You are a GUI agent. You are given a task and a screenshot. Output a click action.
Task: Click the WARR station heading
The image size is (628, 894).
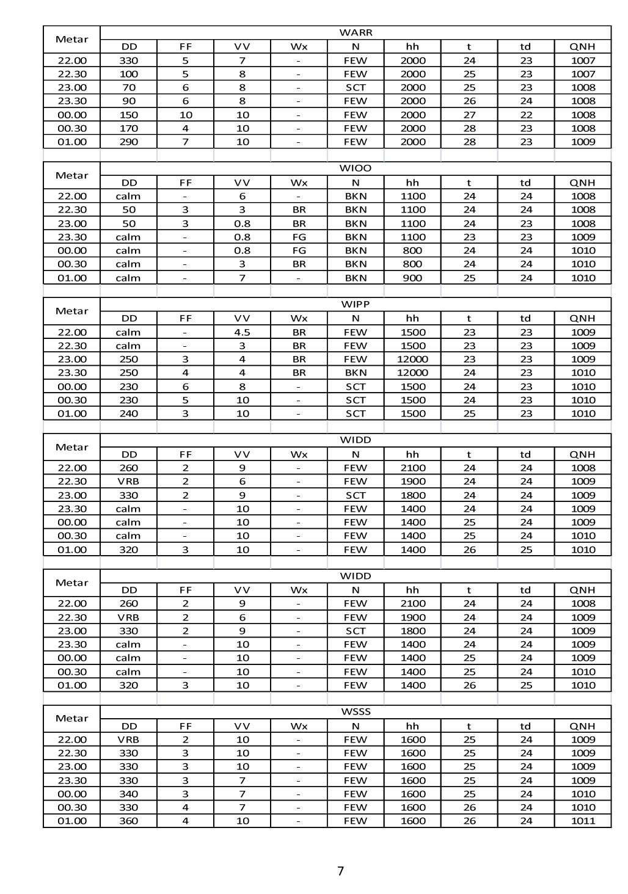355,32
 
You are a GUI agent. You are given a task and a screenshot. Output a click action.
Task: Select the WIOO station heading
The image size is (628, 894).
355,168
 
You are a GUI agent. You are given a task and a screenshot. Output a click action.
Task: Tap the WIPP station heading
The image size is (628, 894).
355,304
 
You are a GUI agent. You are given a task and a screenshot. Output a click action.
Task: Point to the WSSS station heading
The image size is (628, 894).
355,711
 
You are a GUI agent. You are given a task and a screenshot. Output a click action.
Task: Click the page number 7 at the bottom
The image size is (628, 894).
340,871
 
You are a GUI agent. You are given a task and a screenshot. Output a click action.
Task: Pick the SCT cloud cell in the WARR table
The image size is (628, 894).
355,87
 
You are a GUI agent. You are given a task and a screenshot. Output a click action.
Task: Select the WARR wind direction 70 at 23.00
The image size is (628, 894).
129,87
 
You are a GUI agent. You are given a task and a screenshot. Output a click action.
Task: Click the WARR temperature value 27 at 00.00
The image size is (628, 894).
469,115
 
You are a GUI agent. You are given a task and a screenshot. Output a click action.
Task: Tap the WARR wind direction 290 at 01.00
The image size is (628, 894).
129,142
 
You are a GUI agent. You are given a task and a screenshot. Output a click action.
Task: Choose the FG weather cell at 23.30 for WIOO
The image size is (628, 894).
299,237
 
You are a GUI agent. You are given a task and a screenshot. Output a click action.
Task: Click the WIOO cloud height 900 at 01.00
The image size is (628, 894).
412,278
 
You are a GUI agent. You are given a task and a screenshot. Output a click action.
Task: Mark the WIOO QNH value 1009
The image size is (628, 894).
582,237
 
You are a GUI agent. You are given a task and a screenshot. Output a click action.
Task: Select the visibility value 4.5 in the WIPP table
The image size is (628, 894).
242,332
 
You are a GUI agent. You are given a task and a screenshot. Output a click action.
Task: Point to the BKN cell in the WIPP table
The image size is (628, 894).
355,372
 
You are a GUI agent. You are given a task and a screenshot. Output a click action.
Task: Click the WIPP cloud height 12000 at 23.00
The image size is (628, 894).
412,359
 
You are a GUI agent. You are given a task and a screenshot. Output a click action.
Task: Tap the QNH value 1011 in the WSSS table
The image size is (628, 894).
582,821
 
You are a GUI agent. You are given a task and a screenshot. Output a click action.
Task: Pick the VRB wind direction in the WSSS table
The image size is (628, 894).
129,740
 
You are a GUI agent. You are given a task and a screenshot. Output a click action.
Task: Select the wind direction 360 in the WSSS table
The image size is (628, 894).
129,821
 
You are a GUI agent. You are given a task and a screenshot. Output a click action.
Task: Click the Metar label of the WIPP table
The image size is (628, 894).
72,311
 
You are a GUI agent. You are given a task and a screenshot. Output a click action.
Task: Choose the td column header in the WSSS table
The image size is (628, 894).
525,726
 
